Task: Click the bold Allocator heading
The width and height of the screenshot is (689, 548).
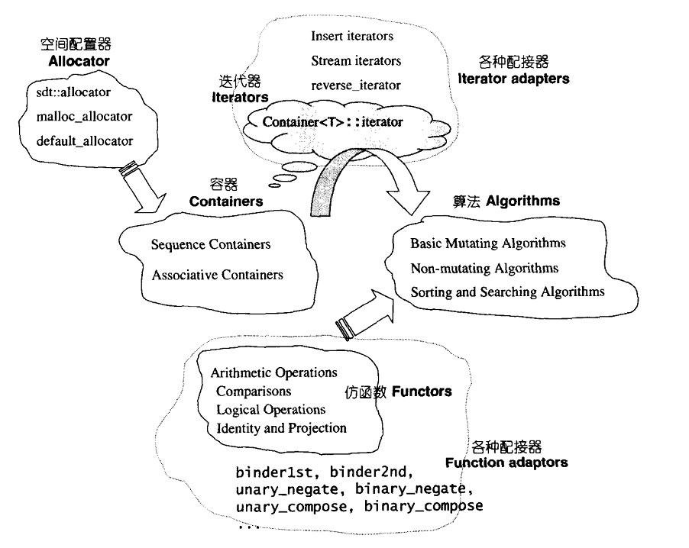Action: (74, 61)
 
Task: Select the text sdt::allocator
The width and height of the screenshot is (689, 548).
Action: (73, 93)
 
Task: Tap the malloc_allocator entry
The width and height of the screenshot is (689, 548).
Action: (84, 117)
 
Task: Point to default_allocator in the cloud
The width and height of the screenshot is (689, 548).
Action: (84, 140)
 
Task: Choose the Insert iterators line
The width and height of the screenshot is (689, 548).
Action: (352, 36)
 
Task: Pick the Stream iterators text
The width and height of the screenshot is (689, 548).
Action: (356, 60)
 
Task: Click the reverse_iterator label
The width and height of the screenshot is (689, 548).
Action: (356, 85)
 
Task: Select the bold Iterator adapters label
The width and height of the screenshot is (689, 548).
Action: (513, 79)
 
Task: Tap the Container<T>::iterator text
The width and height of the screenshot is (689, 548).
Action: (332, 121)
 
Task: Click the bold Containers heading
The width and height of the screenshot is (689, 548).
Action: (226, 201)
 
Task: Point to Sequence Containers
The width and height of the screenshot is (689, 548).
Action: (211, 244)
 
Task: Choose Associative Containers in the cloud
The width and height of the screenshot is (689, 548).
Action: (217, 275)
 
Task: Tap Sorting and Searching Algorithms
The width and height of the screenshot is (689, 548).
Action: (507, 292)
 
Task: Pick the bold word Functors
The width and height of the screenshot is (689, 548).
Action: (422, 392)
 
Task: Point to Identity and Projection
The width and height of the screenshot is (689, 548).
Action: (281, 428)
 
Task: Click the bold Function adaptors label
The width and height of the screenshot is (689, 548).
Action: (506, 463)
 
